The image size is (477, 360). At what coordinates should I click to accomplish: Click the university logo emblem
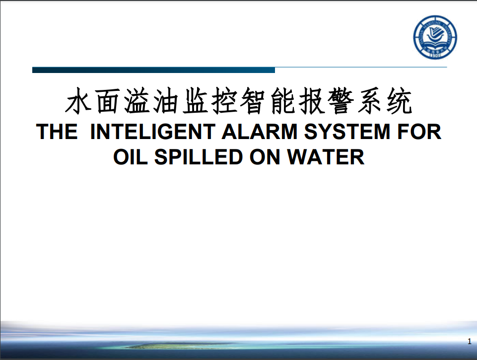pos(435,37)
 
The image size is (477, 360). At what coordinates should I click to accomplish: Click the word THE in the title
pos(57,132)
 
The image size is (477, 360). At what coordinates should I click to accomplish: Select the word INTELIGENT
pos(153,132)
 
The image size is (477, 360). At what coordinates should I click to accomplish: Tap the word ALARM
pos(260,132)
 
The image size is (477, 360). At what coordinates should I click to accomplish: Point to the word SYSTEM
pos(347,132)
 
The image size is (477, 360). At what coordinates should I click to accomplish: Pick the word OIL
pos(131,157)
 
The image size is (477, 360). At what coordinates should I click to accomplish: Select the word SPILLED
pos(199,157)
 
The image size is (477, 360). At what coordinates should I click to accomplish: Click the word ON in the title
pos(265,157)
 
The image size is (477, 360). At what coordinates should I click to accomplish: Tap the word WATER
pos(326,157)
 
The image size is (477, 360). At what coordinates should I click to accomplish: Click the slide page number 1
pos(470,342)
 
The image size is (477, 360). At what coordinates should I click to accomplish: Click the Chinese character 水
pos(78,101)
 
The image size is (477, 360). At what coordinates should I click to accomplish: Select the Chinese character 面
pos(107,101)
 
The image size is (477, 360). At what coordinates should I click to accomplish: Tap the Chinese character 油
pos(165,101)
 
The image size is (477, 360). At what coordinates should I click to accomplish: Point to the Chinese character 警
pos(341,101)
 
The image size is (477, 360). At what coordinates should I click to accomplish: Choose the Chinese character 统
pos(400,101)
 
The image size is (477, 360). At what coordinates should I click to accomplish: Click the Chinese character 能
pos(282,101)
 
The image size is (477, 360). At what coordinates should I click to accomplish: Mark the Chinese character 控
pos(224,101)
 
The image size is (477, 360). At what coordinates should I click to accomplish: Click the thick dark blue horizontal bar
pos(154,70)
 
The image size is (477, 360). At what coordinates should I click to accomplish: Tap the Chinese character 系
pos(370,101)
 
